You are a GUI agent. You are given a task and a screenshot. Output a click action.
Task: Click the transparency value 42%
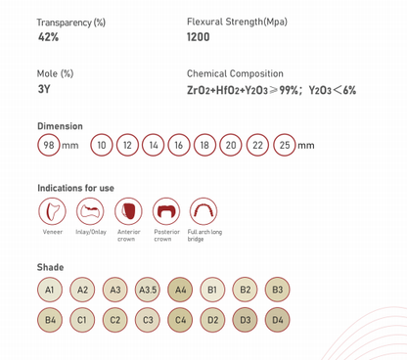[48, 37]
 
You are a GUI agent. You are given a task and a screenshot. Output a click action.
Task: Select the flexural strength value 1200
[199, 37]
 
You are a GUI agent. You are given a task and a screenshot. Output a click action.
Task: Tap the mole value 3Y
[43, 89]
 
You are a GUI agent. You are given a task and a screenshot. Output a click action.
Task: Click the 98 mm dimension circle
[49, 145]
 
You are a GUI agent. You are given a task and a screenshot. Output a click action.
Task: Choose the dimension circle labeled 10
[102, 145]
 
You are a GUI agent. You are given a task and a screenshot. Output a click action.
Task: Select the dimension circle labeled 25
[285, 145]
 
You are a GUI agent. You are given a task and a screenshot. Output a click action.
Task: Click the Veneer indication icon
[52, 211]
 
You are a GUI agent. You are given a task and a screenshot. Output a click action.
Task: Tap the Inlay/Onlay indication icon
[90, 211]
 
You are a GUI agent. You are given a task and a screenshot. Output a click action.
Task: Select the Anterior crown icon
[128, 211]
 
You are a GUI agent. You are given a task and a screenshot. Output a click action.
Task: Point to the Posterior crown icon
[166, 211]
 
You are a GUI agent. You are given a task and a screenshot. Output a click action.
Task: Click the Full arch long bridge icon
[203, 211]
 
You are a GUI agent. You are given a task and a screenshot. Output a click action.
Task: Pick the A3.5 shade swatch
[148, 290]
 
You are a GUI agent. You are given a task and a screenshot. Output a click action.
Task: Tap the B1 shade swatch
[212, 290]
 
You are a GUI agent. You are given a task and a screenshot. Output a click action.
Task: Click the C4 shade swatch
[180, 320]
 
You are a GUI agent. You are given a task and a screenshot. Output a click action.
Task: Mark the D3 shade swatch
[245, 320]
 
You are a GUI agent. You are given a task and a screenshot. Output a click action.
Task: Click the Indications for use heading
[75, 188]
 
